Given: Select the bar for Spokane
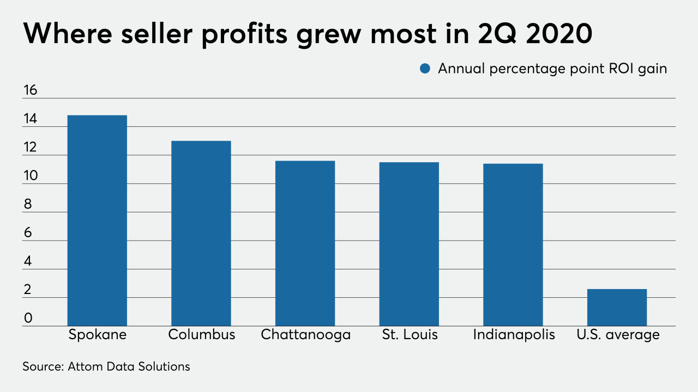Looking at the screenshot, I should tap(97, 220).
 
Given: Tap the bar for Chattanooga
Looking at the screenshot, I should tap(305, 243).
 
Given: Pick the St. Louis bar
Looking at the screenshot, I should tap(409, 244).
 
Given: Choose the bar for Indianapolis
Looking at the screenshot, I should tap(513, 244).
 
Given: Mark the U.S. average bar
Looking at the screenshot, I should tap(617, 308).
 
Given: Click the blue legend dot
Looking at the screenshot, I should tap(426, 69).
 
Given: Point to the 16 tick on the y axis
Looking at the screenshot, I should tap(30, 90).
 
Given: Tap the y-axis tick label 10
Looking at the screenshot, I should tap(30, 176).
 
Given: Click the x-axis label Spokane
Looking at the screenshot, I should tap(97, 334).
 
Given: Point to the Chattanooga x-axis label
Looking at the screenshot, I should tap(305, 334).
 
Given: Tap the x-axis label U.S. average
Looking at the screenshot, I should tap(618, 334).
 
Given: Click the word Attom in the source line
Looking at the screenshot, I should tap(86, 366).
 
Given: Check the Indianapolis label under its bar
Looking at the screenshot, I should tap(514, 334).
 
